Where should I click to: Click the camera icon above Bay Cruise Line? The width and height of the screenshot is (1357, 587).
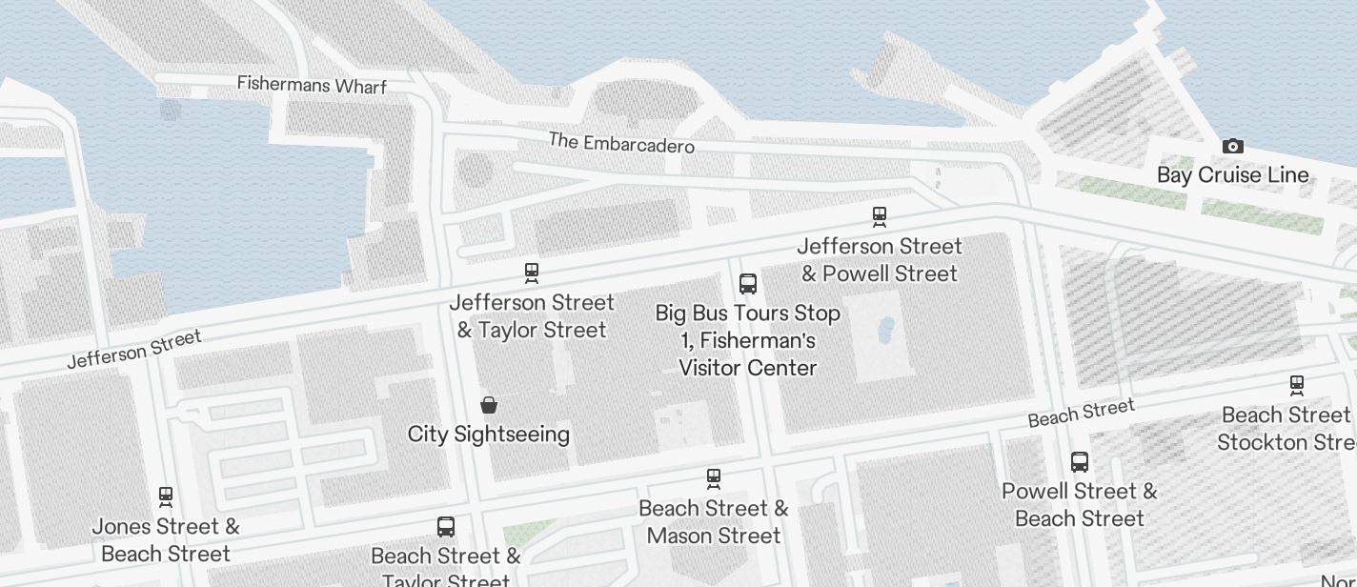1232,146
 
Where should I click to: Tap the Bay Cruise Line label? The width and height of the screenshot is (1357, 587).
1232,175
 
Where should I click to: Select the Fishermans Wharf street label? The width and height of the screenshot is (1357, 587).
312,85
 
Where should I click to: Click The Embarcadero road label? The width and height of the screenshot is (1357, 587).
621,143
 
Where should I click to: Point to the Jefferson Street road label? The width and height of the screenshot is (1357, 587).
134,350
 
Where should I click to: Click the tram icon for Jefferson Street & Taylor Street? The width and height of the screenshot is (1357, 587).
532,273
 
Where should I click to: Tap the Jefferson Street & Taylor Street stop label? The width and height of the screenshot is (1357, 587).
532,316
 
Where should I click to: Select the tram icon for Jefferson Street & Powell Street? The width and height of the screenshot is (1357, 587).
880,217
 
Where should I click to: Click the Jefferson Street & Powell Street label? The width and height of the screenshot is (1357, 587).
880,260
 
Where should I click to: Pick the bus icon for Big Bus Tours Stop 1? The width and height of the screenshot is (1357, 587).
748,284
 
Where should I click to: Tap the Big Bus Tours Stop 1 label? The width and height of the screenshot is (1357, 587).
748,340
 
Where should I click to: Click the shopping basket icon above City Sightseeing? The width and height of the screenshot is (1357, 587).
489,405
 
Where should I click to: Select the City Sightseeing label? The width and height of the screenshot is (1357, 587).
489,435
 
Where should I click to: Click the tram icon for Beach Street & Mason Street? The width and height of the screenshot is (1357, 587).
714,478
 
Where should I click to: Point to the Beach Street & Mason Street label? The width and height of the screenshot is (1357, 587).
714,522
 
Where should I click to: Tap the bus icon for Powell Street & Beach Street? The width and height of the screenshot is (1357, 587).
1080,462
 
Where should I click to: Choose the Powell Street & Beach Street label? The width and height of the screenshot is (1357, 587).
1080,505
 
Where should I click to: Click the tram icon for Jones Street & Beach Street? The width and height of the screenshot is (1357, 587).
166,496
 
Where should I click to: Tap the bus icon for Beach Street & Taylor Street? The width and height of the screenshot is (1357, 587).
445,526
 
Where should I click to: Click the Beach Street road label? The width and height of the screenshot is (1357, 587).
1081,414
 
